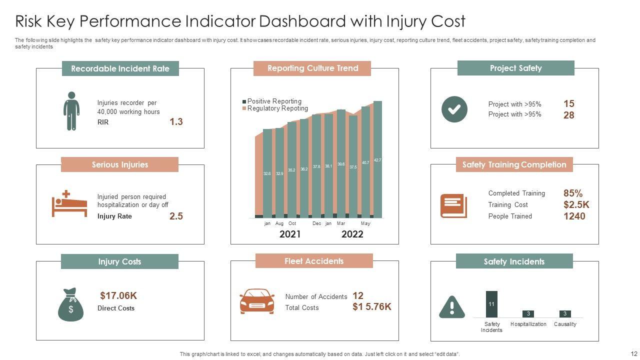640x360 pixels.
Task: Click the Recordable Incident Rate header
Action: pyautogui.click(x=120, y=68)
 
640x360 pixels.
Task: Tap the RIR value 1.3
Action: pyautogui.click(x=176, y=121)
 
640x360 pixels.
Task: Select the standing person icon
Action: pyautogui.click(x=71, y=111)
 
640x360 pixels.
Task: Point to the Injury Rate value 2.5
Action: pyautogui.click(x=176, y=216)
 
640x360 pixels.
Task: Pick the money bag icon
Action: pyautogui.click(x=71, y=304)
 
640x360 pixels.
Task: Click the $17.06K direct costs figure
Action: pyautogui.click(x=118, y=295)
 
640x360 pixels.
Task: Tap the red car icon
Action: pyautogui.click(x=257, y=301)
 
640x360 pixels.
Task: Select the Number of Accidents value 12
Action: pyautogui.click(x=358, y=295)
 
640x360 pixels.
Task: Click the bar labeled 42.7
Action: pyautogui.click(x=377, y=160)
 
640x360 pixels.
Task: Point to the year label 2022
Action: pyautogui.click(x=352, y=234)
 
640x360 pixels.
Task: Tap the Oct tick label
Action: pyautogui.click(x=292, y=223)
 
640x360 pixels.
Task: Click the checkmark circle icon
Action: pyautogui.click(x=454, y=109)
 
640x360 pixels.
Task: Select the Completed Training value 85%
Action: pyautogui.click(x=573, y=193)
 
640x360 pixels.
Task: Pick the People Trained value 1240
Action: pyautogui.click(x=574, y=216)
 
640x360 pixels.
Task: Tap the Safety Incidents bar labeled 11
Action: pyautogui.click(x=491, y=304)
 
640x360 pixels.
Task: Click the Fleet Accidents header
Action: pyautogui.click(x=314, y=261)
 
